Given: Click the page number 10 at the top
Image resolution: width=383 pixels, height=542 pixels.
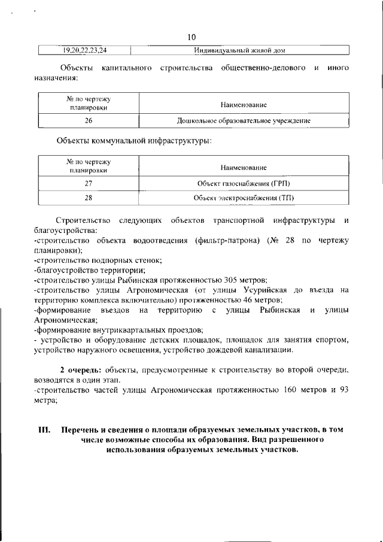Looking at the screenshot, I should [191, 37].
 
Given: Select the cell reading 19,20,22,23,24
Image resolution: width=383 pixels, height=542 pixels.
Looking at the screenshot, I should [84, 50].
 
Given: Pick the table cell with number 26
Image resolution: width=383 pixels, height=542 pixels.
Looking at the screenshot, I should [89, 121].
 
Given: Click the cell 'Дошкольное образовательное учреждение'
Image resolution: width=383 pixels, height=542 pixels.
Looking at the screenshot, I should [243, 121].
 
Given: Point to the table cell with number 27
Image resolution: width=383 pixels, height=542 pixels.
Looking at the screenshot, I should [89, 183].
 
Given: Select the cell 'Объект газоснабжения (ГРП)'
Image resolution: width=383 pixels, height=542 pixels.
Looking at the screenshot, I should [243, 183].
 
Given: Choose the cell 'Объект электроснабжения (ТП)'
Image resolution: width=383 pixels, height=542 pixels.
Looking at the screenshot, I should [243, 198].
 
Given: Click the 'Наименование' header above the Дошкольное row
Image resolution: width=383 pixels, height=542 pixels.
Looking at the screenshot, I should [243, 105].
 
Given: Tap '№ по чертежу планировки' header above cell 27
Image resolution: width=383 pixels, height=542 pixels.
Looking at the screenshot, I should [89, 166].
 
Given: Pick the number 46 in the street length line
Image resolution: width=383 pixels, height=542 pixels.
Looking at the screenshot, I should [247, 300].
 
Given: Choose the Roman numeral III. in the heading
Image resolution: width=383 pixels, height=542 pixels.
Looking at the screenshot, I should [44, 430].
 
